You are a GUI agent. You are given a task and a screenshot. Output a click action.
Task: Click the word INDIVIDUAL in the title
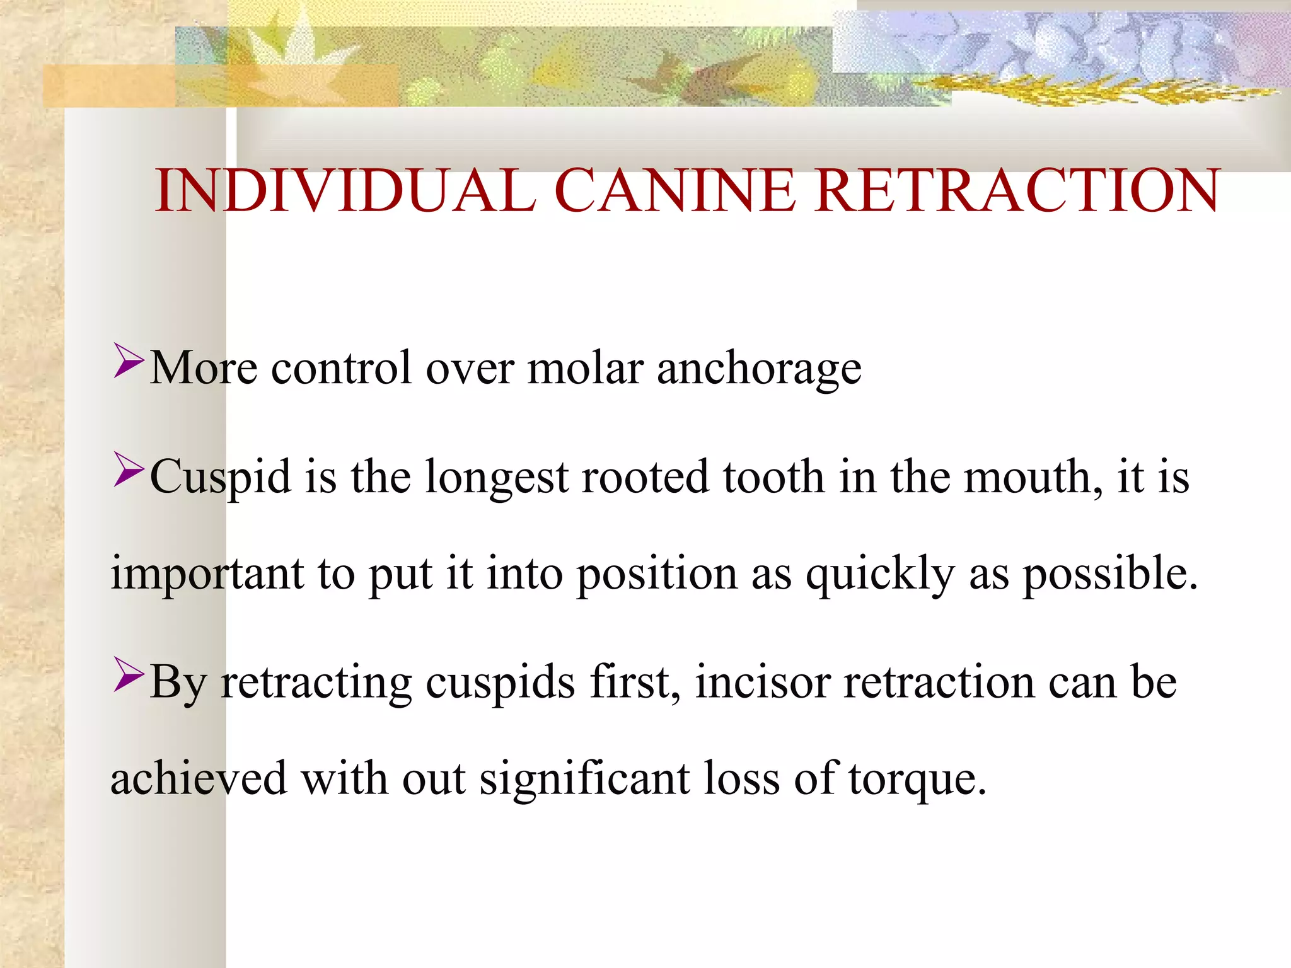(345, 190)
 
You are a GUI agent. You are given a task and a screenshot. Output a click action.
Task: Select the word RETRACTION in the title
(1016, 190)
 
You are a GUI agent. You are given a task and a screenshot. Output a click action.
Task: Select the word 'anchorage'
(759, 369)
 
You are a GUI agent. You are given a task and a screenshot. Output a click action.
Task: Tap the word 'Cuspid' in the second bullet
(221, 478)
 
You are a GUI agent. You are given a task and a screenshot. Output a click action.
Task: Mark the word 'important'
(207, 573)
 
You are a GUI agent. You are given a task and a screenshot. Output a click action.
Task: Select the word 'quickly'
(880, 573)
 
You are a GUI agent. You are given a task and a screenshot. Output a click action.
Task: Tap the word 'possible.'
(1109, 573)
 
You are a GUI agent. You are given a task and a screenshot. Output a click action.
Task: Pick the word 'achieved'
(199, 778)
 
